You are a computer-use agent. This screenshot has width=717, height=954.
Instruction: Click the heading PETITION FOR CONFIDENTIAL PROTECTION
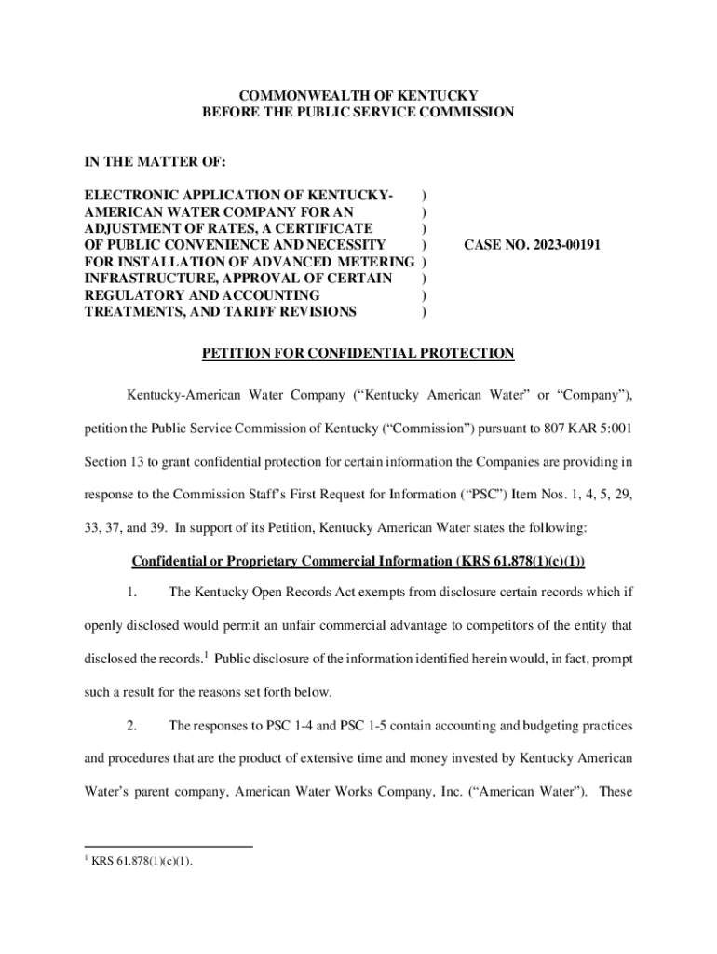(x=358, y=353)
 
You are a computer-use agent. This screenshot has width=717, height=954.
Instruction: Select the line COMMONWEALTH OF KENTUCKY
(x=358, y=96)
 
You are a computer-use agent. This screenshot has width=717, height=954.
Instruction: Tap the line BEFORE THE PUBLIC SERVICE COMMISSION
(x=358, y=113)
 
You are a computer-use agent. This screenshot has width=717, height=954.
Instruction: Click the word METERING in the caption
(x=377, y=262)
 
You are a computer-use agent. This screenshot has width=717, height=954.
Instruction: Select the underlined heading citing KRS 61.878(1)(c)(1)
(x=358, y=561)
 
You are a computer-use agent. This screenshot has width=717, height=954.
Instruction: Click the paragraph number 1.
(x=133, y=593)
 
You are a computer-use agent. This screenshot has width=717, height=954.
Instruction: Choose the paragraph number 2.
(x=133, y=725)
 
